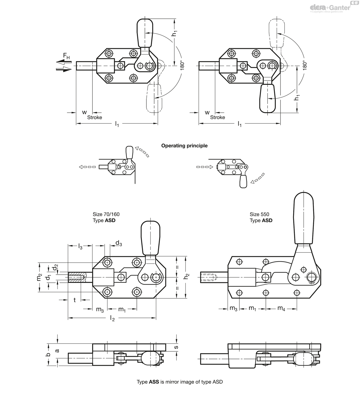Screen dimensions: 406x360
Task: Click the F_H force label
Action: (x=66, y=56)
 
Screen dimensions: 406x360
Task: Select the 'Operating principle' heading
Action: (x=184, y=146)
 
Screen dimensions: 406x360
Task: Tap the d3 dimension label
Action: (x=119, y=243)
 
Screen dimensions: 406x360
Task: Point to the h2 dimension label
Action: (x=187, y=277)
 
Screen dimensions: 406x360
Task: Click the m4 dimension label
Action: (x=281, y=308)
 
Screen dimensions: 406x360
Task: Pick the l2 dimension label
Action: (x=112, y=318)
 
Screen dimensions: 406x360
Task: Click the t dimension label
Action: (x=75, y=300)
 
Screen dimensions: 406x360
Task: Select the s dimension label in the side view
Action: (x=176, y=347)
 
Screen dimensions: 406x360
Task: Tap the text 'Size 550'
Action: (x=259, y=214)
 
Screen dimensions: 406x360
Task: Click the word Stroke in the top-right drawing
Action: (x=217, y=118)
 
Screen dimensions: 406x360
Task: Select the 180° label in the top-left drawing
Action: (x=181, y=65)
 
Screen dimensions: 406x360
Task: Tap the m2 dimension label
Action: (x=39, y=277)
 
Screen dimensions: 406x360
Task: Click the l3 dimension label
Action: (x=80, y=246)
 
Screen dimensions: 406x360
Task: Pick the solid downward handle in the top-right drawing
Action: (x=268, y=97)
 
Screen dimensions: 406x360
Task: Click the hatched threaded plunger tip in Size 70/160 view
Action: (x=77, y=277)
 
